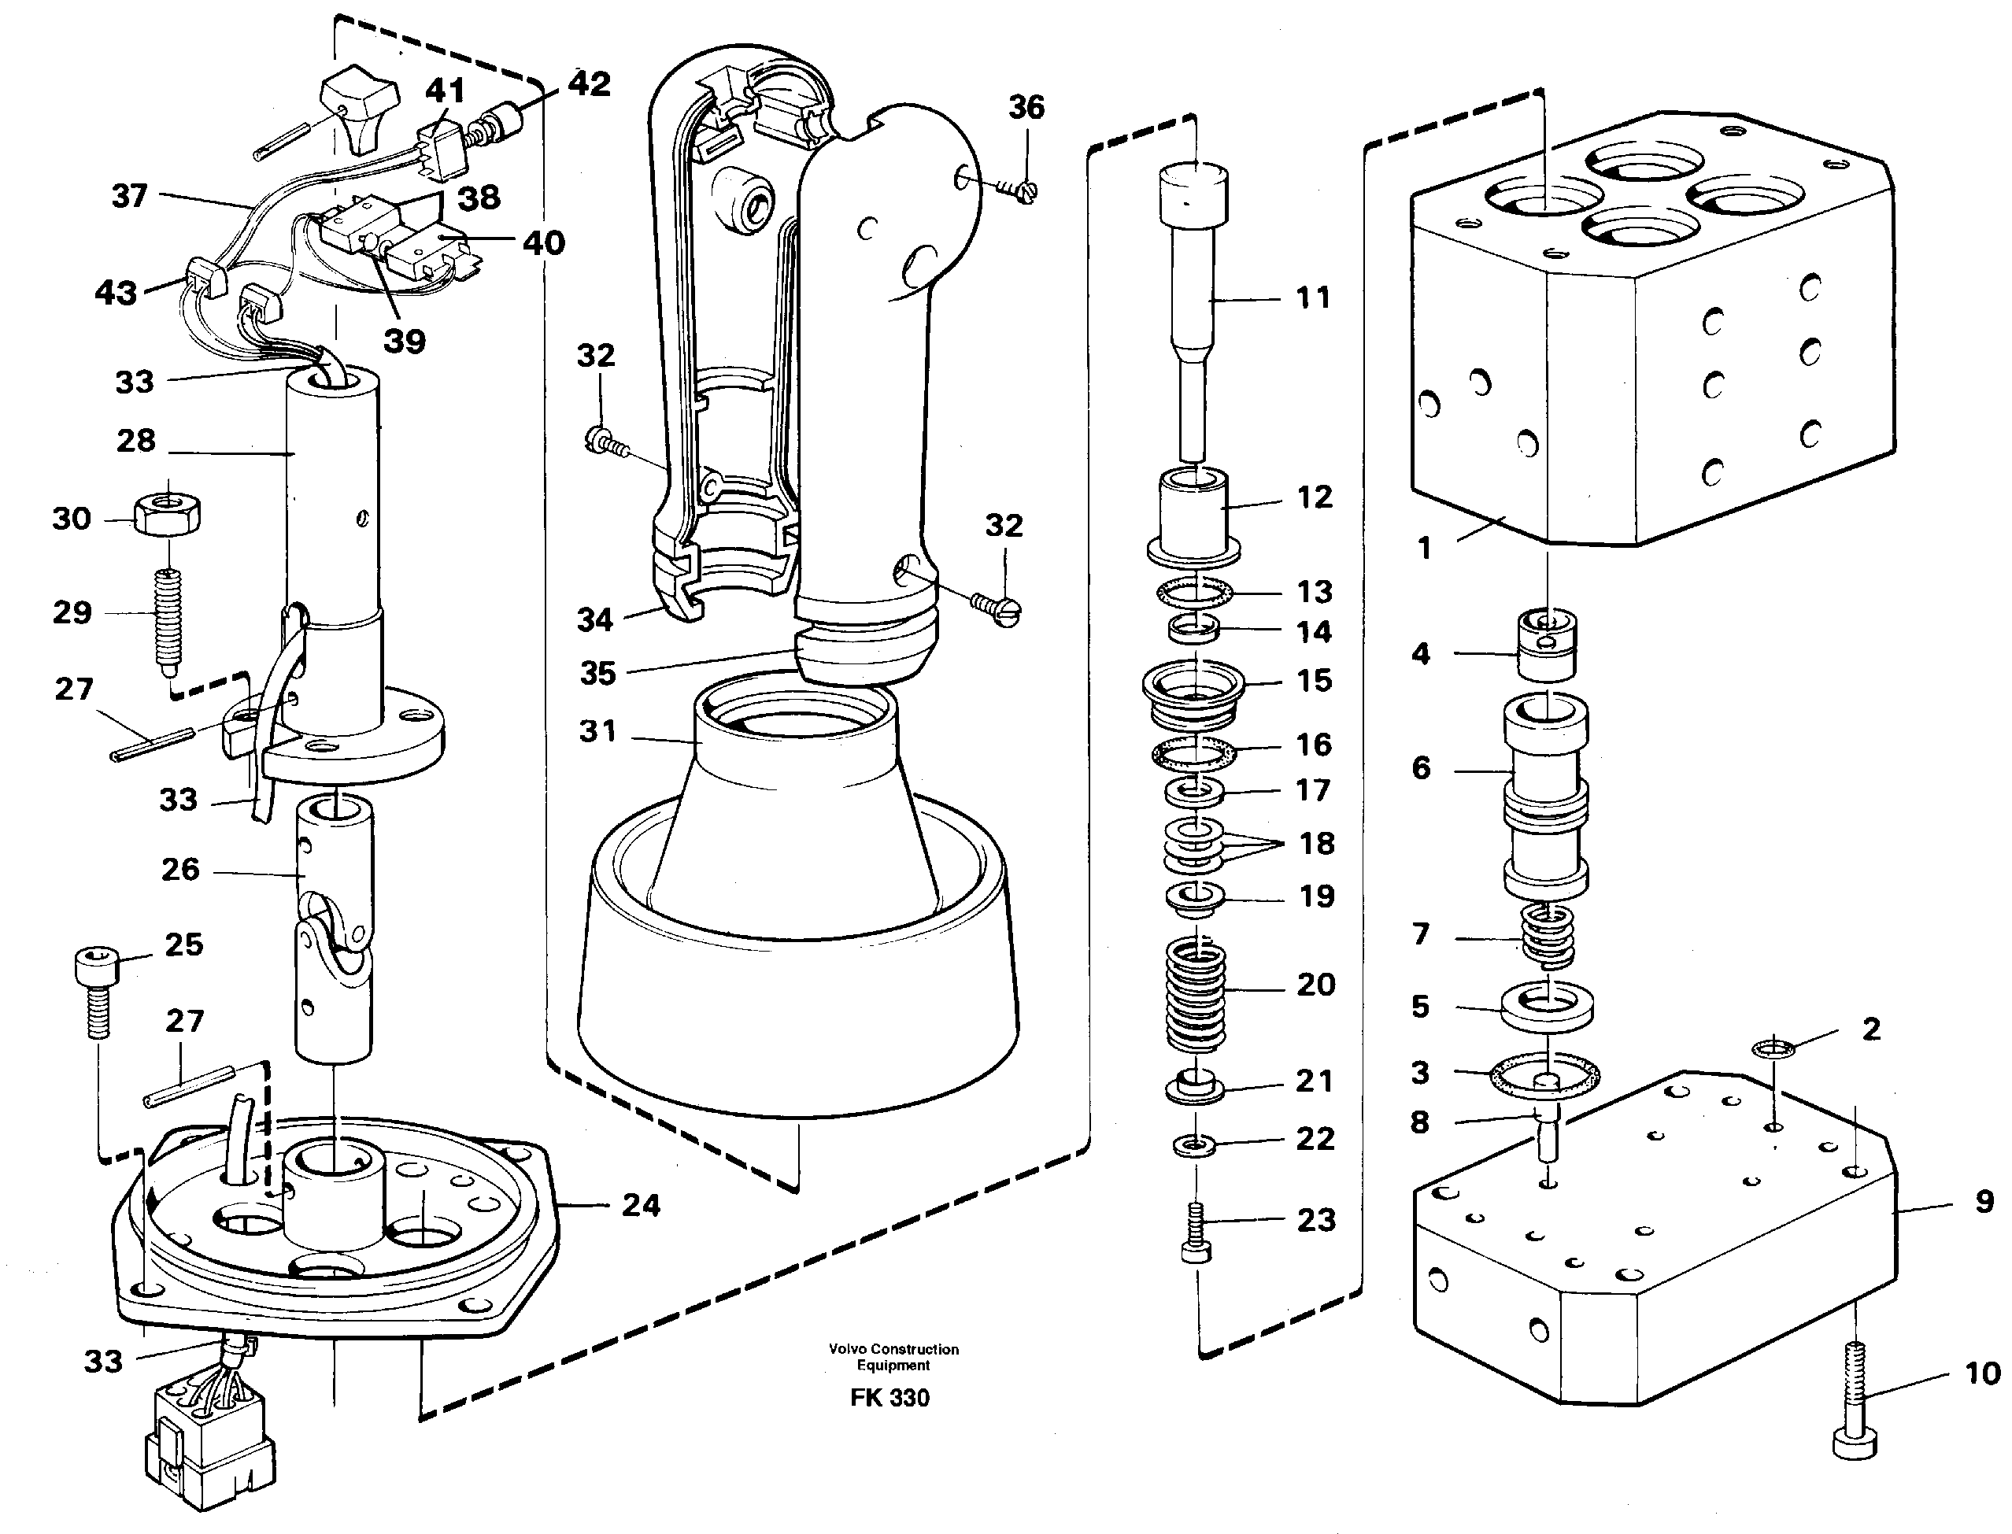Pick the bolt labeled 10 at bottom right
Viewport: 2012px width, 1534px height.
pos(1855,1410)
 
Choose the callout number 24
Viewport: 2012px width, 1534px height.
pos(640,1205)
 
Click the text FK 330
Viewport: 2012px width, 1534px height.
pos(889,1398)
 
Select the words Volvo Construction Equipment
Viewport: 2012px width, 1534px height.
pos(893,1357)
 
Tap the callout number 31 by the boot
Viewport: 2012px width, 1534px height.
pos(597,730)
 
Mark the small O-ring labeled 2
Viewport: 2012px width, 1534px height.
pos(1773,1048)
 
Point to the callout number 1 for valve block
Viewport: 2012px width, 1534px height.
pos(1423,548)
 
